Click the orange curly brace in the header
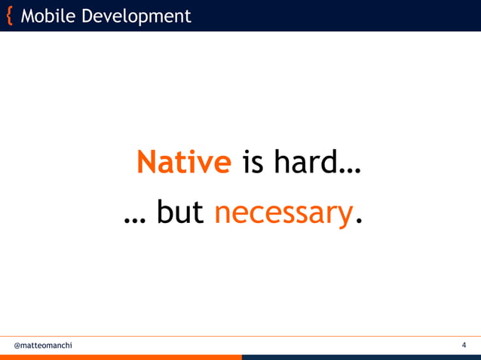pyautogui.click(x=9, y=16)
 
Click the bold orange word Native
pyautogui.click(x=184, y=162)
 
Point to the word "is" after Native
pyautogui.click(x=252, y=162)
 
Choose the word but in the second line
pyautogui.click(x=180, y=214)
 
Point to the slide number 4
pyautogui.click(x=464, y=346)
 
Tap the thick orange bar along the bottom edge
pyautogui.click(x=121, y=357)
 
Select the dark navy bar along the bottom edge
pyautogui.click(x=362, y=357)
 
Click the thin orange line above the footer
pyautogui.click(x=240, y=336)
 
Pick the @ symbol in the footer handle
pyautogui.click(x=17, y=346)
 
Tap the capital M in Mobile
pyautogui.click(x=28, y=16)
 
